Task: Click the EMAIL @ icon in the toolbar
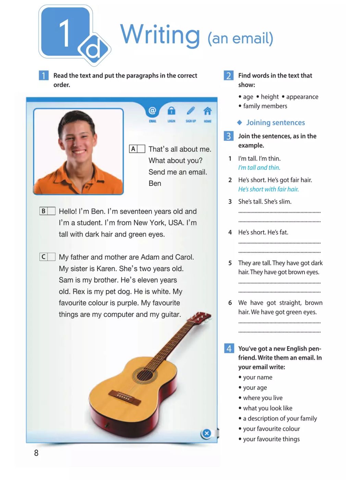tap(152, 111)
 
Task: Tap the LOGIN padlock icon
tap(171, 111)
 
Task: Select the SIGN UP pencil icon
tap(191, 111)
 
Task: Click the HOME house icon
tap(207, 111)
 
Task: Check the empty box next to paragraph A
tap(141, 149)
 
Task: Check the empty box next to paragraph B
tap(51, 211)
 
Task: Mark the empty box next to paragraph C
tap(51, 257)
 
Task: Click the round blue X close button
tap(206, 433)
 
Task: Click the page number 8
tap(36, 453)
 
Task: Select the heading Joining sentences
tap(275, 122)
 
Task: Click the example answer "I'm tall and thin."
tap(259, 168)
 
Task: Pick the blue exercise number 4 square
tap(229, 348)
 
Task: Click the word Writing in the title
tap(160, 35)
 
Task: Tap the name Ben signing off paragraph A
tap(155, 183)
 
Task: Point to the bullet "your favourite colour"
tap(272, 429)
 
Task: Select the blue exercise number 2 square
tap(229, 75)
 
